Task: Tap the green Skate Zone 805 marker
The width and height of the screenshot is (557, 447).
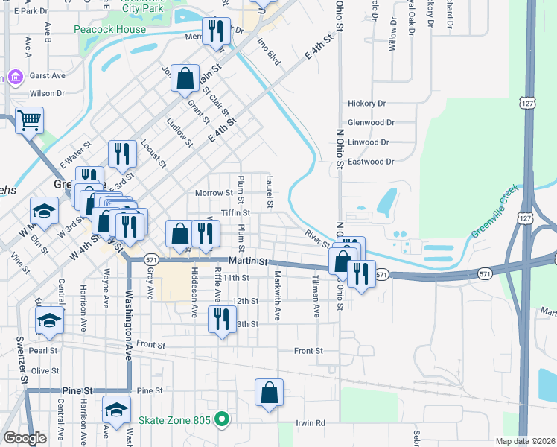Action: pyautogui.click(x=220, y=419)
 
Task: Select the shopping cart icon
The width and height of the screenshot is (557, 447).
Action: pyautogui.click(x=29, y=119)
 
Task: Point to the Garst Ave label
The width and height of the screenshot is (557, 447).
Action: pyautogui.click(x=48, y=76)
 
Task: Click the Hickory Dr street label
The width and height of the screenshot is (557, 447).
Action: pyautogui.click(x=366, y=104)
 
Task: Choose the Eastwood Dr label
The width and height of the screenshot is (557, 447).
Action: pyautogui.click(x=370, y=161)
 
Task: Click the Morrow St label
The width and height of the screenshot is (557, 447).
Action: pyautogui.click(x=214, y=193)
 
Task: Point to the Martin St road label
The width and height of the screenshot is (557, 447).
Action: pyautogui.click(x=248, y=261)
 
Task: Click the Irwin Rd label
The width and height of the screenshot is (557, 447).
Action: pyautogui.click(x=311, y=422)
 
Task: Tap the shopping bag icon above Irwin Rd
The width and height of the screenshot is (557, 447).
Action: pyautogui.click(x=269, y=393)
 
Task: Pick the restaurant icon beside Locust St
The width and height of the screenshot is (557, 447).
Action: pyautogui.click(x=121, y=153)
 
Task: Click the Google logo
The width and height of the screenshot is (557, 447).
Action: pyautogui.click(x=24, y=438)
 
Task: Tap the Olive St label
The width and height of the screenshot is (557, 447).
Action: pyautogui.click(x=45, y=370)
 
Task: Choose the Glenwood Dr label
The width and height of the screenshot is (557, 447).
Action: pyautogui.click(x=371, y=123)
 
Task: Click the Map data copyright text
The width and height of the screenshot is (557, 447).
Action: pyautogui.click(x=525, y=441)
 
